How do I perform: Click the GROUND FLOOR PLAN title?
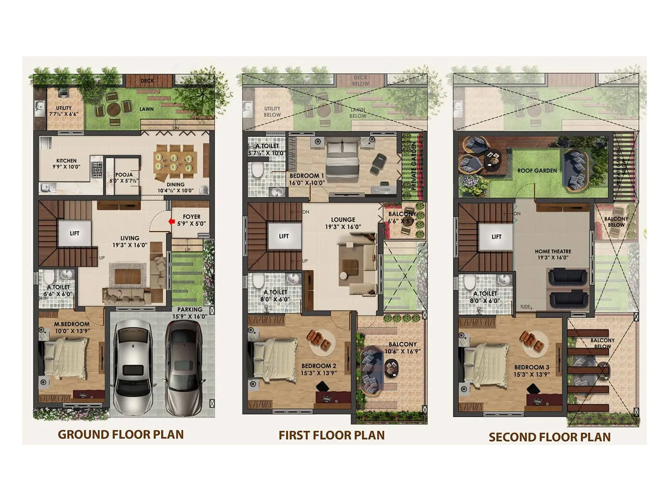point(120,435)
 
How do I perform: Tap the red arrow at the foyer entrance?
point(171,222)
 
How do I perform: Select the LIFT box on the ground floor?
point(74,233)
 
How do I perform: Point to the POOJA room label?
point(124,175)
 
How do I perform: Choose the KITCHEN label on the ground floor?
point(66,161)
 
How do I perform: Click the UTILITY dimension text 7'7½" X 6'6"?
point(64,114)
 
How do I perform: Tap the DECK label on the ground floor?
point(147,81)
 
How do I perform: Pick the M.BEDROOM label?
point(71,324)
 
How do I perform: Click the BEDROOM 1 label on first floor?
point(306,176)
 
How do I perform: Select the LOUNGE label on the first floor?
point(343,220)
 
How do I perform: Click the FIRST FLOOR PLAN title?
point(332,435)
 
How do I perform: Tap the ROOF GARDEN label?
point(537,171)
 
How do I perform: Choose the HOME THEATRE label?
point(553,251)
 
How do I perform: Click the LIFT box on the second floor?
point(496,237)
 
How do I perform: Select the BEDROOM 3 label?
point(532,367)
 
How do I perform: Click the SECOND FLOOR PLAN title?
point(549,437)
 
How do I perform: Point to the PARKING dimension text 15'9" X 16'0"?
point(190,316)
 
